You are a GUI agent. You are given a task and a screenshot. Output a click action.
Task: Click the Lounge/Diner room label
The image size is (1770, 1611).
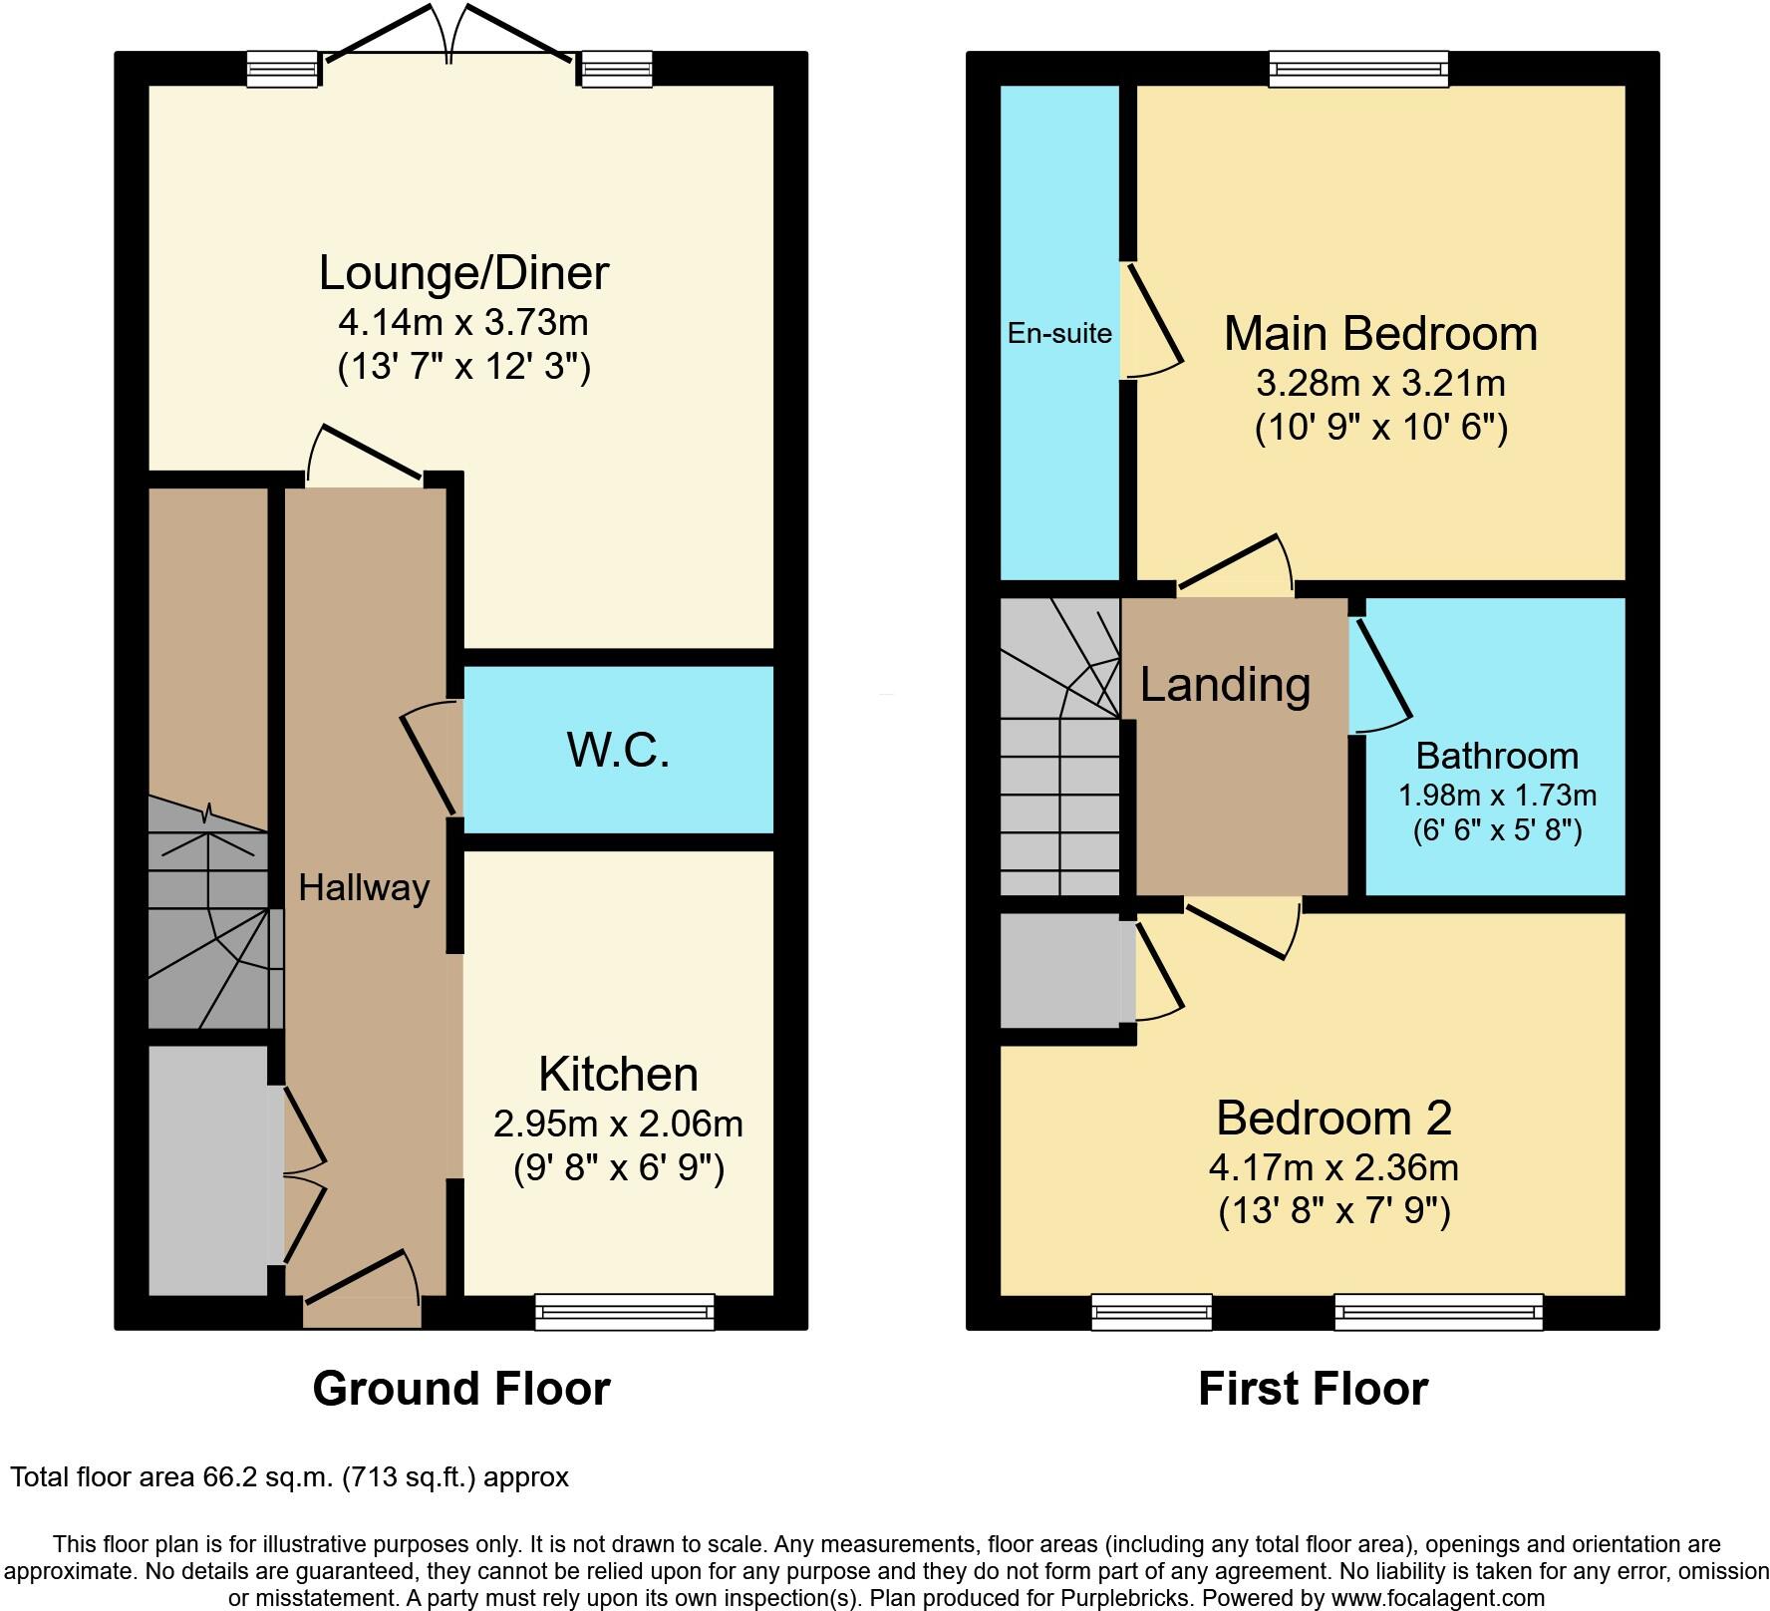pos(463,273)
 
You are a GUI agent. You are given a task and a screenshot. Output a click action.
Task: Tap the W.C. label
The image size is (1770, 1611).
pos(618,750)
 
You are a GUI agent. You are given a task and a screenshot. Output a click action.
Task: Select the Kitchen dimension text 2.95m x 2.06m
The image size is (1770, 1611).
pos(618,1125)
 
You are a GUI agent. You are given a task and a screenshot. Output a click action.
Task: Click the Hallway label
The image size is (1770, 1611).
pos(364,887)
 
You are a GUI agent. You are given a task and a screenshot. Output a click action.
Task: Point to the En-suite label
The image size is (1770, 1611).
pos(1059,333)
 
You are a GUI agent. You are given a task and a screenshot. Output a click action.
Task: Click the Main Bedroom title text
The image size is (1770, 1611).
pos(1380,333)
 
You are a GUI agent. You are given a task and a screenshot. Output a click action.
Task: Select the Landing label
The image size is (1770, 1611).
pos(1225,685)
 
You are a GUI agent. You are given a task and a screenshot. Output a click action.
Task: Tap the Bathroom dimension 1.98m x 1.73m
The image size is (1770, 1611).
pos(1497,795)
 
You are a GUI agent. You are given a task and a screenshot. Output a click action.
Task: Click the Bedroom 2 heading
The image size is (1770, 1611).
pos(1333,1118)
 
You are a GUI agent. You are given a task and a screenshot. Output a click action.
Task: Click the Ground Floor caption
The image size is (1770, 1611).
pos(460,1389)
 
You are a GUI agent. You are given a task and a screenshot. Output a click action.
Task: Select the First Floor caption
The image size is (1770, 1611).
pos(1313,1389)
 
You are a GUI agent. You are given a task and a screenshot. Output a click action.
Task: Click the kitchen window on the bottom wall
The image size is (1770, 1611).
pos(625,1311)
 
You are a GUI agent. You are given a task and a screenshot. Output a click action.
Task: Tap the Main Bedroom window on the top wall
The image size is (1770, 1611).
pos(1358,69)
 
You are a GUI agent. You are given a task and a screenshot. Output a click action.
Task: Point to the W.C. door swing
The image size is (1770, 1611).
pos(431,758)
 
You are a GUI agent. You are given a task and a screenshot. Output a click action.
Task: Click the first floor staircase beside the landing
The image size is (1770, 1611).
pos(1059,758)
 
